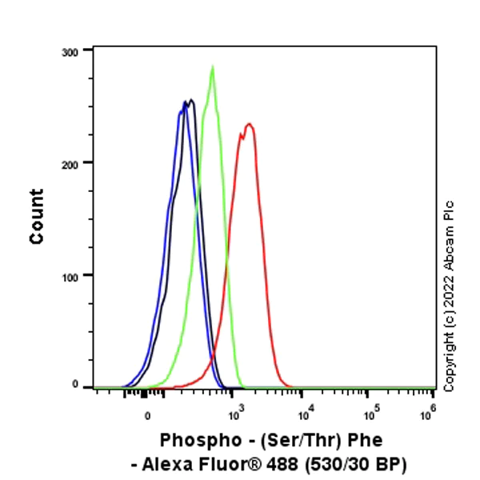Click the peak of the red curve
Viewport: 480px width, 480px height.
point(249,124)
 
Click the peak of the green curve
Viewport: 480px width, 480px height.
point(212,66)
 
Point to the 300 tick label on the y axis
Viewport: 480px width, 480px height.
point(71,51)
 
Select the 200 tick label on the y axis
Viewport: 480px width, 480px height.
point(71,163)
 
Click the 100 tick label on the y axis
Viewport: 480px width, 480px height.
point(71,275)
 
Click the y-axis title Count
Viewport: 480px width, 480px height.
point(37,216)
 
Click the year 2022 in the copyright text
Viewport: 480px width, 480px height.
point(449,296)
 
